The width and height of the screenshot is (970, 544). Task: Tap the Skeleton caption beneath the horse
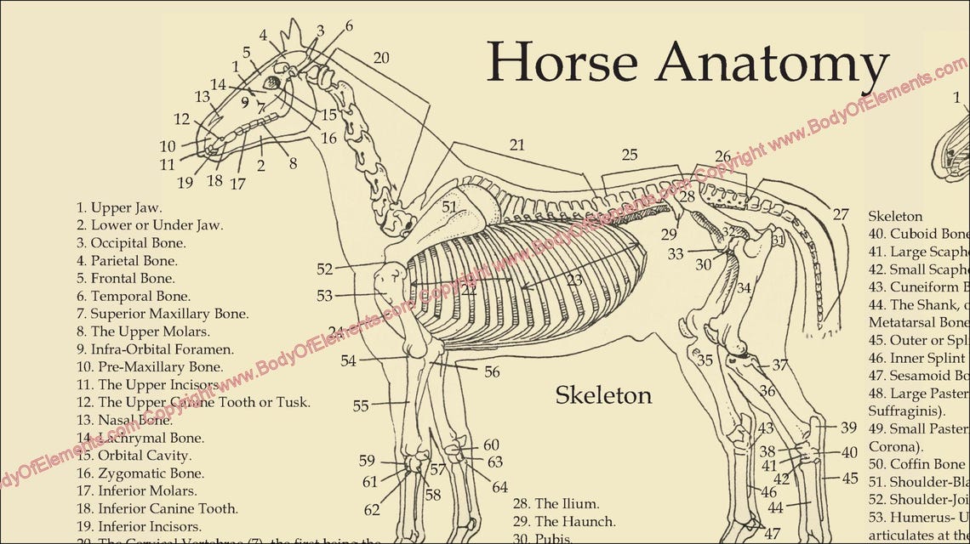[603, 395]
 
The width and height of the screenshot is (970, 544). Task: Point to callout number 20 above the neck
[381, 58]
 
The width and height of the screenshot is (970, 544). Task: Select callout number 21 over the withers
[517, 144]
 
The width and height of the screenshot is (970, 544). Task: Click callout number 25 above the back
[629, 155]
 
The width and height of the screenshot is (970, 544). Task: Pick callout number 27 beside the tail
[841, 214]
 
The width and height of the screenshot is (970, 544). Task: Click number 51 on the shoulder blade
[449, 206]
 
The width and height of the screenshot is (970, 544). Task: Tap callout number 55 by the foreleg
[361, 406]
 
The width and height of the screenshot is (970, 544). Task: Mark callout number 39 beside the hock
[848, 428]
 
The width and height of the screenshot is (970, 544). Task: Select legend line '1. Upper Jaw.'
[119, 207]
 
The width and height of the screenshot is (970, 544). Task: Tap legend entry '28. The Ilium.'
[556, 503]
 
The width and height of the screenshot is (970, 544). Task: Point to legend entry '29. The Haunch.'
[564, 521]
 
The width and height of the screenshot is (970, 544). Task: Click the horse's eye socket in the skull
[273, 82]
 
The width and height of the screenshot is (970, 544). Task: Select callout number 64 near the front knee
[499, 487]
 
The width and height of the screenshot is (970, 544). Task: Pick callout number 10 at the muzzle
[168, 146]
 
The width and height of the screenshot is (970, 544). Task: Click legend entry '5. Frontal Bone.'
[126, 279]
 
